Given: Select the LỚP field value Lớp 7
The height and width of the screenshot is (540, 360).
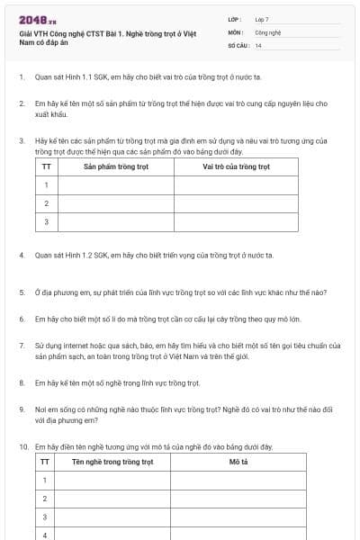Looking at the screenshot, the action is (x=262, y=18).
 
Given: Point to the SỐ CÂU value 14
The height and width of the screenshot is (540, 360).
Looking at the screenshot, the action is (x=258, y=45).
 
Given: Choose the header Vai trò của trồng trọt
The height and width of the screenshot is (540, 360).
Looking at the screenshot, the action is (x=236, y=166).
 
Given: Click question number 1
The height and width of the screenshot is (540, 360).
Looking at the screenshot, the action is (x=21, y=77).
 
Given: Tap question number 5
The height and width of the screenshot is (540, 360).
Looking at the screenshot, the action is (x=21, y=292).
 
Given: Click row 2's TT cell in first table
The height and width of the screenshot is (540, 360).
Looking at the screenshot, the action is (x=46, y=203).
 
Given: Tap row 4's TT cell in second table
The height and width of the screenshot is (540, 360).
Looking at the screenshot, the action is (x=46, y=534).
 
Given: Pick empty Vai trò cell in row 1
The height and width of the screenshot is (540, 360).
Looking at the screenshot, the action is (x=236, y=185).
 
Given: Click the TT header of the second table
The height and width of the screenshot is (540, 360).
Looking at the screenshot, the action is (x=46, y=462).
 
